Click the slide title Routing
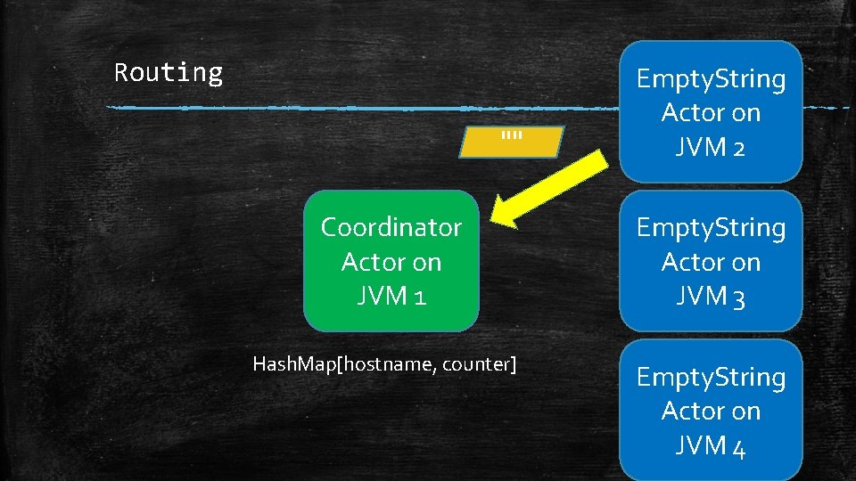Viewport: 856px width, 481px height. click(x=169, y=72)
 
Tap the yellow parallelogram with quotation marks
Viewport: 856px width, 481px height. click(x=511, y=142)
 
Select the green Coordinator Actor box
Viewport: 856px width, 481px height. click(x=391, y=261)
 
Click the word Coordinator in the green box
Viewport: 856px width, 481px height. click(x=391, y=228)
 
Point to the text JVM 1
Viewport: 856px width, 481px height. click(x=391, y=295)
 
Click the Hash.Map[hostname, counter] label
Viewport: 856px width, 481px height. click(x=384, y=363)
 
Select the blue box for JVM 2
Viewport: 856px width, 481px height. click(x=711, y=112)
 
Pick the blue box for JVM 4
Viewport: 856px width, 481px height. click(x=711, y=411)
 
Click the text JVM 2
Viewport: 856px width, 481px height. click(x=711, y=146)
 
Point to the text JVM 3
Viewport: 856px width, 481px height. click(x=711, y=296)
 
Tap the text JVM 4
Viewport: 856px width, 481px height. click(x=711, y=444)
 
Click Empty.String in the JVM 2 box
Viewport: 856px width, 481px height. click(x=711, y=79)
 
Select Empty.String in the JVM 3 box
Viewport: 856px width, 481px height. click(x=711, y=228)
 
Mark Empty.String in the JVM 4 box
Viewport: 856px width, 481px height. click(x=711, y=378)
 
